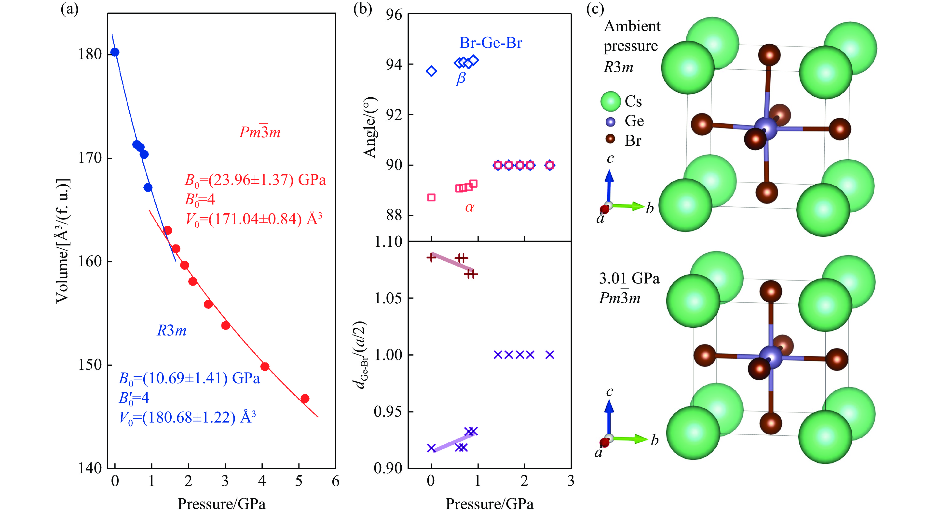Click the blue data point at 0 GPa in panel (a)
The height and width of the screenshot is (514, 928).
tap(115, 52)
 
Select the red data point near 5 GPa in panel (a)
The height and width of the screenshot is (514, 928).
tap(305, 398)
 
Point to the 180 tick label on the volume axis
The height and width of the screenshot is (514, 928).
tap(90, 54)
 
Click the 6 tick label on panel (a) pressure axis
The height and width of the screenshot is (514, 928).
tap(335, 481)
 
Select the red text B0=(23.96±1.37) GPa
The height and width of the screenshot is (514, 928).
tap(255, 180)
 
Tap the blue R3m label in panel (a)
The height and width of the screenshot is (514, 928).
tap(171, 330)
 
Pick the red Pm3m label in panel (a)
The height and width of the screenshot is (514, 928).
tap(260, 132)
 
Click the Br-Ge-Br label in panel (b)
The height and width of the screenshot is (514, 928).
tap(491, 43)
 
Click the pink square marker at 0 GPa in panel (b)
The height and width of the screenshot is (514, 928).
tap(431, 197)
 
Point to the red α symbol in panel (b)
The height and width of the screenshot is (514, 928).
tap(470, 207)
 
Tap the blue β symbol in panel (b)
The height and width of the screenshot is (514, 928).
tap(461, 78)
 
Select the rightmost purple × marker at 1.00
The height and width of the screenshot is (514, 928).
tap(549, 355)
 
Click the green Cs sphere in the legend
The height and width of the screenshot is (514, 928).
tap(611, 102)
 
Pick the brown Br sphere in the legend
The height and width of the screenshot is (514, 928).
tap(610, 139)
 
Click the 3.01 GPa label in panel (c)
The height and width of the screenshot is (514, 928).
tap(629, 278)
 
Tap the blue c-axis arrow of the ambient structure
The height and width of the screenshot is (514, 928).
tap(609, 185)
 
